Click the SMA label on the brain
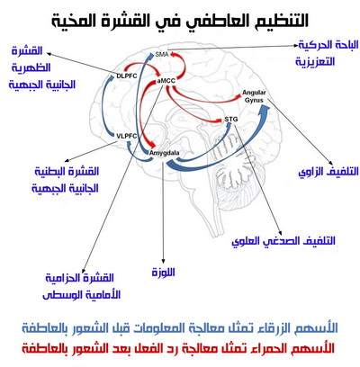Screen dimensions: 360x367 coord(162,55)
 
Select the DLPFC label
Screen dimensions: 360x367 coord(127,76)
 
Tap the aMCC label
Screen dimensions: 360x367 coord(166,81)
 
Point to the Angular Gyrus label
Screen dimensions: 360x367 coord(254,96)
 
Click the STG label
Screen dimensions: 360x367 coord(231,120)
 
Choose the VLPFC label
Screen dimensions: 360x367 coord(127,136)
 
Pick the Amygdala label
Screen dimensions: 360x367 coord(165,153)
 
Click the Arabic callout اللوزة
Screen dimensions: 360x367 coord(164,273)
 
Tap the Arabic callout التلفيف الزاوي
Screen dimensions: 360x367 coord(328,172)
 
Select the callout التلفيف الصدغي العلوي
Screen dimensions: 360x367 coord(283,241)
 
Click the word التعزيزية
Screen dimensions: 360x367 coord(315,62)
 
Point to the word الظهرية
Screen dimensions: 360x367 coord(31,67)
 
